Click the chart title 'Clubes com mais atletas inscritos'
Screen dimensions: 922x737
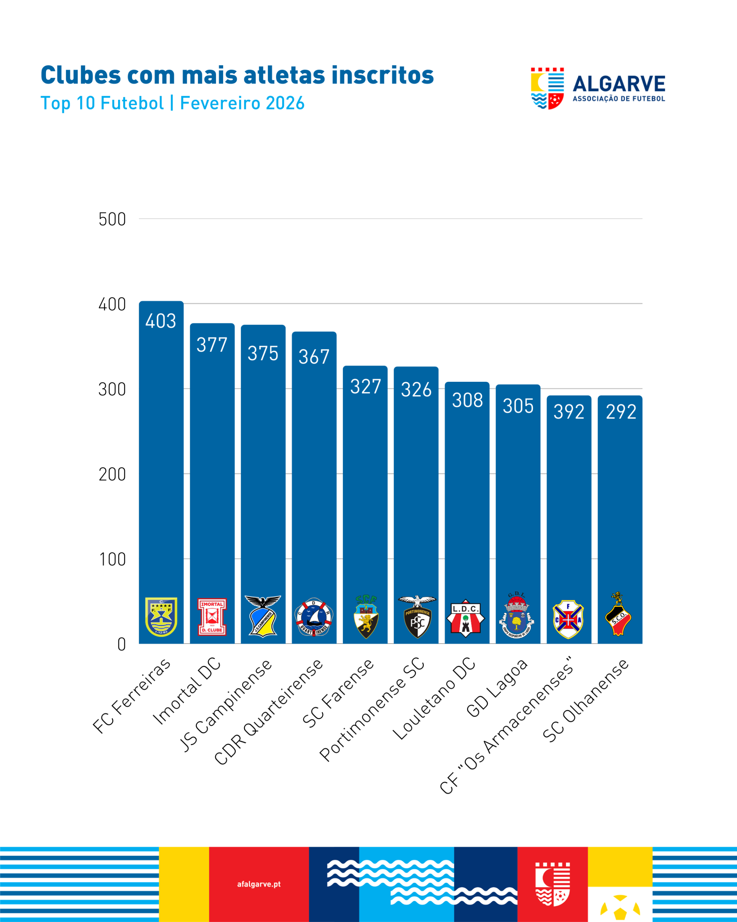(x=237, y=76)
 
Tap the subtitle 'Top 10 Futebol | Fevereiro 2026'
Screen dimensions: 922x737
(x=172, y=103)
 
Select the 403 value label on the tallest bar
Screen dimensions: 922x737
(x=160, y=321)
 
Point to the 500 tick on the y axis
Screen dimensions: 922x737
(x=112, y=219)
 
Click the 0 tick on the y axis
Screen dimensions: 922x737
(x=121, y=644)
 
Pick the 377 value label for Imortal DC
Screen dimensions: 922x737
(x=212, y=345)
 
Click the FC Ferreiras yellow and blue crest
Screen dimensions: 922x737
(x=161, y=617)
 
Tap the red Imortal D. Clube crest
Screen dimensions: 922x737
(x=212, y=617)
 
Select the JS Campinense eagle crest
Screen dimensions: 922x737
(x=263, y=616)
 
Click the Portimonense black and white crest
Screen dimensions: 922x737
(x=417, y=617)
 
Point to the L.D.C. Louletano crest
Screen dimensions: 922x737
(x=466, y=618)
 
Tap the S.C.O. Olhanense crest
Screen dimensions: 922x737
(x=618, y=614)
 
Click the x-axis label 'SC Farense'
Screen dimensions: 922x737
(x=338, y=694)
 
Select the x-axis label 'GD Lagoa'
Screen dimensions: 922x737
(x=497, y=689)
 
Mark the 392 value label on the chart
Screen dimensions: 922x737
(x=569, y=412)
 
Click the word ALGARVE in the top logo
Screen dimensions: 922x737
(x=619, y=84)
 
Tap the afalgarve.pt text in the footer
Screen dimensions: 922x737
(x=259, y=884)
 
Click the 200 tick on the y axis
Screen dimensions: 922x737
(x=112, y=475)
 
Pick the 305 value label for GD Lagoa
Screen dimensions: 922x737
(x=518, y=406)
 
